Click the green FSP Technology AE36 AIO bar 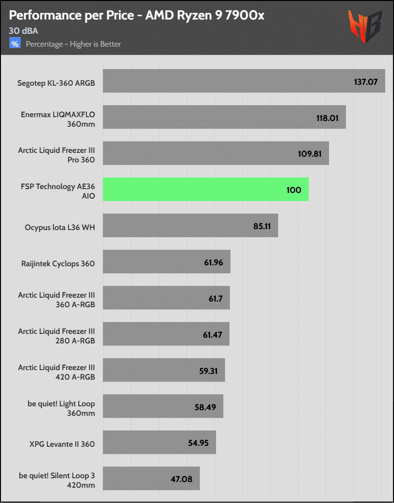point(206,190)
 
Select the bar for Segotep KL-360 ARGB point(244,81)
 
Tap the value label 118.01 point(327,118)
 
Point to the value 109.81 point(311,154)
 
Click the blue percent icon point(15,44)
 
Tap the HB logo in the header point(365,27)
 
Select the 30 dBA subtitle point(23,31)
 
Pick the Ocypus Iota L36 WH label point(60,227)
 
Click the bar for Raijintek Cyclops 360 point(166,262)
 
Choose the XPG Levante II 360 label point(62,444)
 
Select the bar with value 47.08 point(151,479)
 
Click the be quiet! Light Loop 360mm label point(61,408)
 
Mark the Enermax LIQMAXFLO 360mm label point(58,119)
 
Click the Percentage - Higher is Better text point(73,44)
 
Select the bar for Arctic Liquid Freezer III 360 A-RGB point(166,298)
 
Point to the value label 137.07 point(366,81)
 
